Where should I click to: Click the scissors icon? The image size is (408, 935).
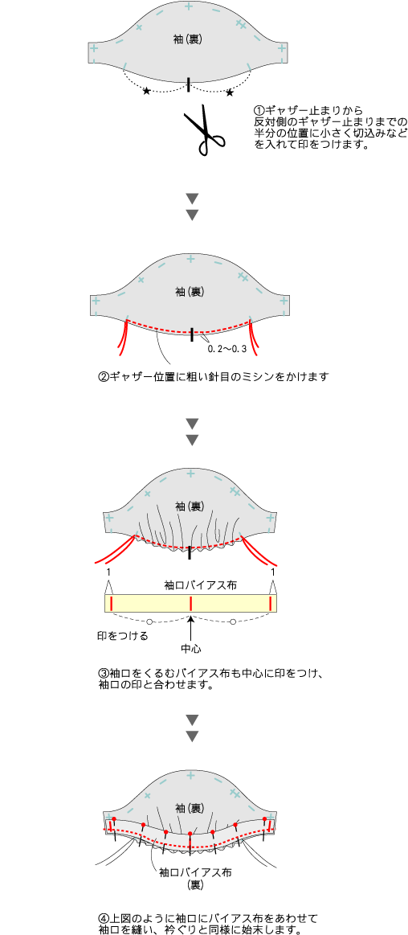205,130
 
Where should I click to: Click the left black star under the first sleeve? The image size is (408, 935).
146,91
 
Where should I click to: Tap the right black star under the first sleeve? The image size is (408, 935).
230,92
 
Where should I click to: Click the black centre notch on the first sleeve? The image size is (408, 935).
189,84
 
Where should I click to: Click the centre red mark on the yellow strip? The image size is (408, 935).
190,604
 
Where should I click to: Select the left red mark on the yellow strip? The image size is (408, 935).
111,604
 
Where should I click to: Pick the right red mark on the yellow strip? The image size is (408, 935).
271,604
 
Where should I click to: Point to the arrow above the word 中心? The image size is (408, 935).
190,627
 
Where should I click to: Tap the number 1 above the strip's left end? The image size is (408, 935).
108,572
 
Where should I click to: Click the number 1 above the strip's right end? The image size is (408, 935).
273,572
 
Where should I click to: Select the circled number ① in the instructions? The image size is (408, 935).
259,111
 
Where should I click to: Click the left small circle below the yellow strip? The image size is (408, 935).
149,621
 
